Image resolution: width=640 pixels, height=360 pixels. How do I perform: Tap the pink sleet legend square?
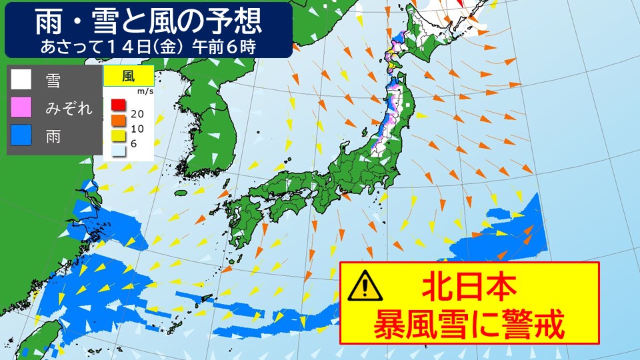(21, 107)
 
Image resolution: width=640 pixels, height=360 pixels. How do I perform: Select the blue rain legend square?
(21, 135)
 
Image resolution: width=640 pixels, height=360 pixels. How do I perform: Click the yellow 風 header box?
(129, 75)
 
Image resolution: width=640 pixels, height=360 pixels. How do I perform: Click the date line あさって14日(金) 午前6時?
(148, 47)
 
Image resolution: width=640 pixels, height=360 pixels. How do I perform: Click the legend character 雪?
(53, 80)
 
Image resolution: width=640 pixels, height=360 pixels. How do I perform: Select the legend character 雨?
(53, 136)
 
